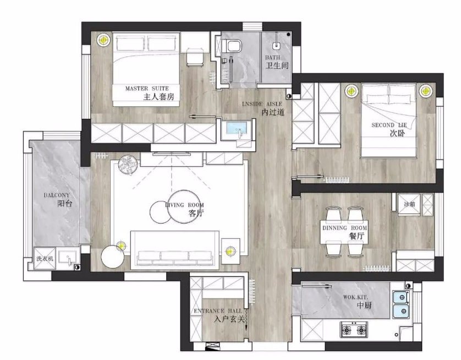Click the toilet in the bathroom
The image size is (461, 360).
tap(232, 46)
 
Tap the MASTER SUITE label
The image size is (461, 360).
tap(147, 88)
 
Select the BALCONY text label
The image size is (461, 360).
tap(57, 195)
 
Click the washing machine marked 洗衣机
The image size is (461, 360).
tap(45, 258)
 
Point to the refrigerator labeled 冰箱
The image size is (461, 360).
tap(409, 204)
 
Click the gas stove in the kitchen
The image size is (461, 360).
tap(354, 330)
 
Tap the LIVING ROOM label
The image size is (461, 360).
tap(184, 205)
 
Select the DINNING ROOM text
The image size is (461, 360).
tap(344, 228)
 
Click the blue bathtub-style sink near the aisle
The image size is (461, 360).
tap(237, 129)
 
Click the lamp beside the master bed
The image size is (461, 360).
tap(103, 40)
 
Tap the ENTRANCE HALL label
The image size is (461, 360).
tap(218, 311)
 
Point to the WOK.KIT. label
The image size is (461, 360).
tap(355, 297)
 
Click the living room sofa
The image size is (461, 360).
tap(175, 250)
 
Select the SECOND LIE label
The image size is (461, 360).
tap(389, 125)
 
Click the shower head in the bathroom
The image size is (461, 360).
tap(277, 44)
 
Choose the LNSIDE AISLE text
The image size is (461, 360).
tap(262, 104)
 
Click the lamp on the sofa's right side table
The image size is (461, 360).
tap(231, 251)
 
